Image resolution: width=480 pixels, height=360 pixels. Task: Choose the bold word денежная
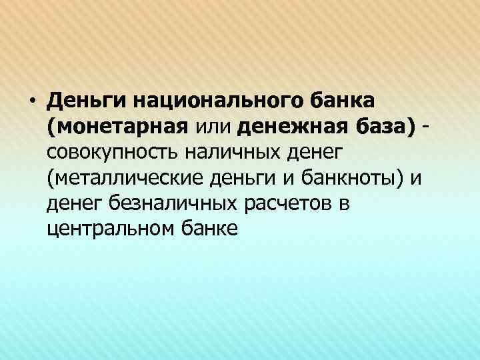291,127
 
